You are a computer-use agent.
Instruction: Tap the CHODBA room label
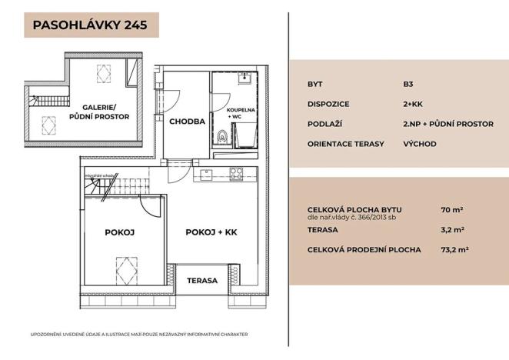point(187,122)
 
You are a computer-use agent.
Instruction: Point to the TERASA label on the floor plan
point(202,281)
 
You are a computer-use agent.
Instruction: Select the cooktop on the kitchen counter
point(235,173)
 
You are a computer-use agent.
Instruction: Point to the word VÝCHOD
point(420,144)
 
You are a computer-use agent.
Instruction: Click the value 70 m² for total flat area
point(453,209)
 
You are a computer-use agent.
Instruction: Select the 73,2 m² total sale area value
point(456,249)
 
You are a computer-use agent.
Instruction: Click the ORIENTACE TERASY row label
point(345,144)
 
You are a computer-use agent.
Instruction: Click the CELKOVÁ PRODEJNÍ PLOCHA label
point(364,249)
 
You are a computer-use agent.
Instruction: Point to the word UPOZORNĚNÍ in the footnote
point(47,335)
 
